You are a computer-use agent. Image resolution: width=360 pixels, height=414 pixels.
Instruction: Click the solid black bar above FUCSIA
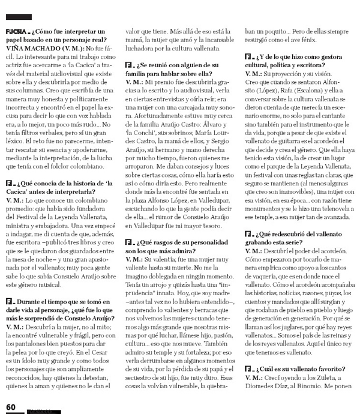click(17, 17)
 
